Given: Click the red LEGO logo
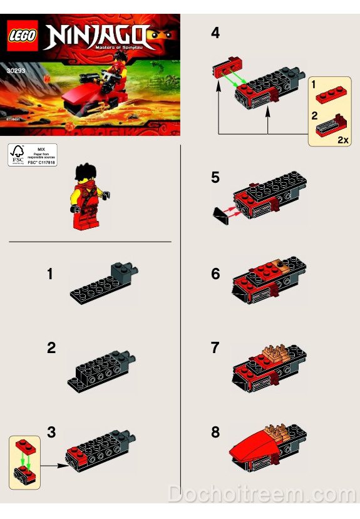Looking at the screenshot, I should tap(23, 33).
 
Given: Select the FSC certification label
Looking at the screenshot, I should tap(31, 155).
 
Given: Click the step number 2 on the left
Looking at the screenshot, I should tap(51, 348).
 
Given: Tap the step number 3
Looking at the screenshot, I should tap(51, 431).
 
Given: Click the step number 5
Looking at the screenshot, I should tap(215, 178).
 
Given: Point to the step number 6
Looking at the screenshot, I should tap(215, 274).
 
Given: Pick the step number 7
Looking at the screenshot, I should tap(215, 347).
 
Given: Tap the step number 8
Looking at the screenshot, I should tap(215, 432).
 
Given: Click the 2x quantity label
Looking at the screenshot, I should tap(342, 140).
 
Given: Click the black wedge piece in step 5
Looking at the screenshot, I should tap(221, 215).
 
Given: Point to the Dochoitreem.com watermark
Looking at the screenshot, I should tap(262, 495).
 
